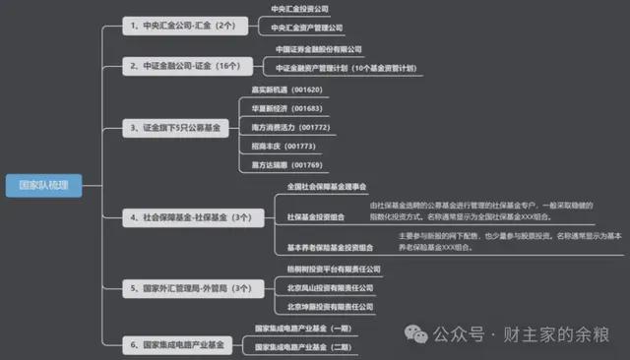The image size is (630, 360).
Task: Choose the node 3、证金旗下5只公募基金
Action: [x=176, y=127]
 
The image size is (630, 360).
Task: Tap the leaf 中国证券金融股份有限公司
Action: [x=319, y=49]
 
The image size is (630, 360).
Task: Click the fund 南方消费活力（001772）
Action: [x=290, y=127]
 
